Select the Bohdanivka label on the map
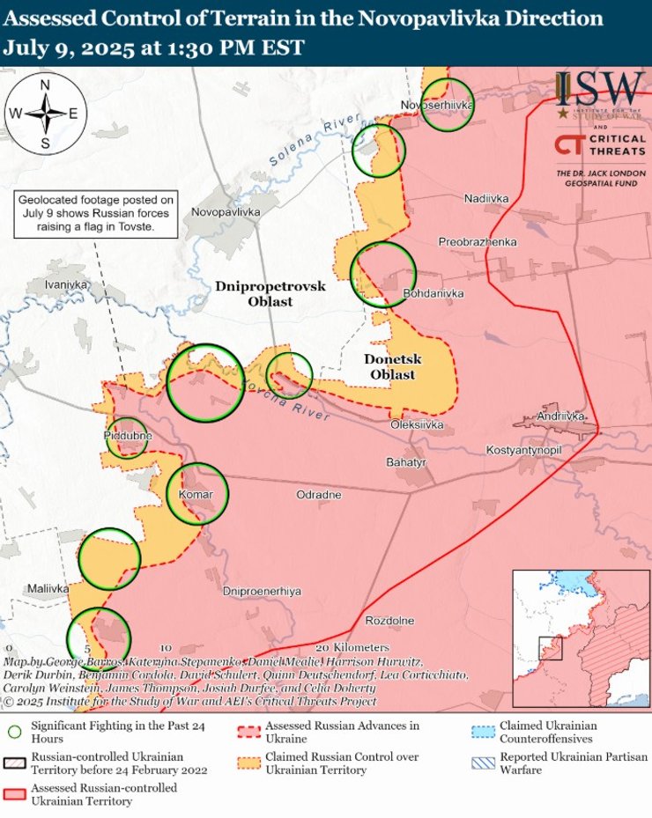click(433, 293)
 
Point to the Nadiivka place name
click(486, 199)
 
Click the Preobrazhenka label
click(478, 241)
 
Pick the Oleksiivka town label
click(417, 425)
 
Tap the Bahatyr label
click(406, 461)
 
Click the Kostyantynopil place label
click(524, 450)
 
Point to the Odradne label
click(319, 495)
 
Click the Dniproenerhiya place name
click(262, 591)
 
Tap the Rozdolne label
click(389, 621)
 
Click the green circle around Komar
click(198, 493)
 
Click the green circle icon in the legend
click(14, 732)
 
